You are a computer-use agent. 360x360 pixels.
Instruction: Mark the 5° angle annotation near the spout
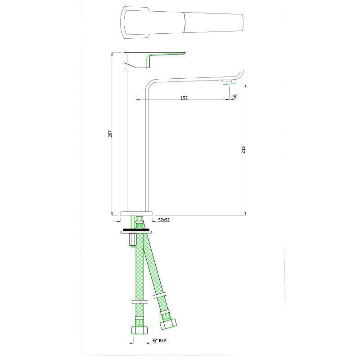coord(235,95)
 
